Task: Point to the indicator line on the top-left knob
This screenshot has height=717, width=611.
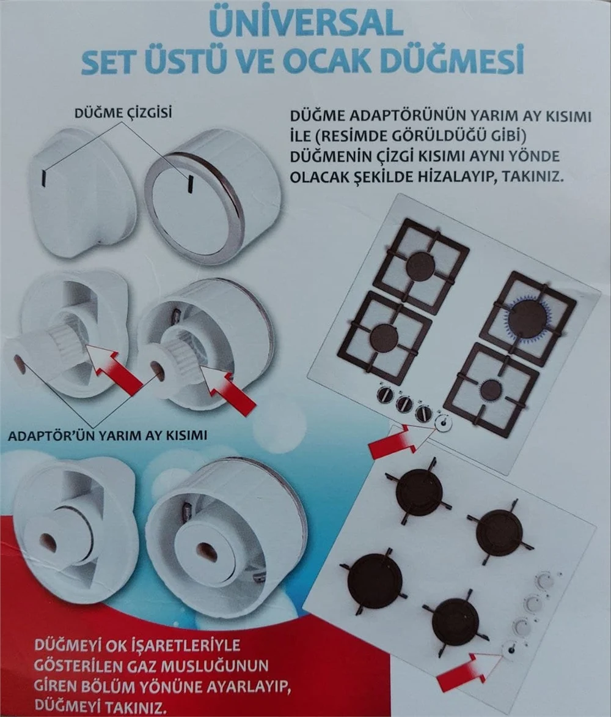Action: (x=44, y=177)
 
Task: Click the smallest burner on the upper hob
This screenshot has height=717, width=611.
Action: (x=491, y=390)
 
